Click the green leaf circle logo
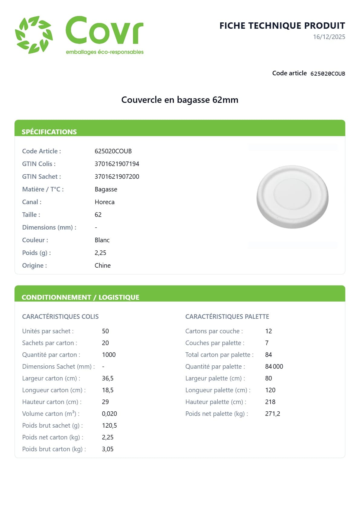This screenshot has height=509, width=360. (34, 35)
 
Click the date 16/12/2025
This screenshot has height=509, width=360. (329, 37)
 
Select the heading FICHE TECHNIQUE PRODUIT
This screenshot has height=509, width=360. (282, 26)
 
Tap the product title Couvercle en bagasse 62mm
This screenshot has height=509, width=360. (180, 100)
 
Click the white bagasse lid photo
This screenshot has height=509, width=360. (292, 197)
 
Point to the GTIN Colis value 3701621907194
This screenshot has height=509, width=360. (117, 164)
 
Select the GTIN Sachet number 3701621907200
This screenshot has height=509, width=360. (117, 177)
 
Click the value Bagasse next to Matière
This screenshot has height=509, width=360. (106, 189)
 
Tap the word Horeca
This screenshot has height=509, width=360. (104, 202)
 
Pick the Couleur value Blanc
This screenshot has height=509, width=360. (102, 240)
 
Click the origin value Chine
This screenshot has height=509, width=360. (102, 266)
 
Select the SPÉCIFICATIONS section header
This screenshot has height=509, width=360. (49, 132)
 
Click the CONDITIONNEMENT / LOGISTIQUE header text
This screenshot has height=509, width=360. (80, 297)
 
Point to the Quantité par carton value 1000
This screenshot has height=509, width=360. (109, 355)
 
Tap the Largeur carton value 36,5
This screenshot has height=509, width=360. (108, 378)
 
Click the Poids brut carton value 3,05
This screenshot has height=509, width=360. (108, 449)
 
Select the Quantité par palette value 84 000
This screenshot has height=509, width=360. (274, 367)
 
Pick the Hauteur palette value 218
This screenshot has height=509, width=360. (270, 402)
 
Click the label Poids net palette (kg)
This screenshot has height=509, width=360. (216, 414)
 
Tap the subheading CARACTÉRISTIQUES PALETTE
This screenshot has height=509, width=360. (227, 317)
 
